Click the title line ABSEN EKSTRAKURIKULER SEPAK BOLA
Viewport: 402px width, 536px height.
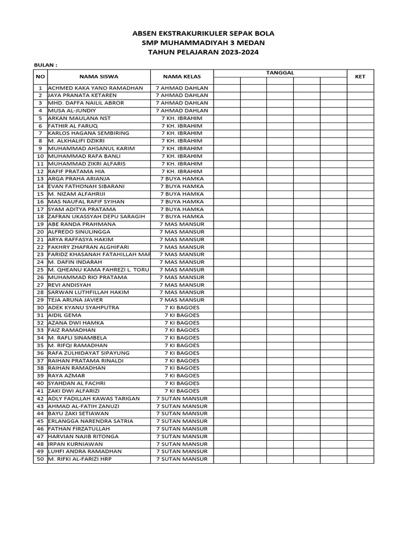click(203, 33)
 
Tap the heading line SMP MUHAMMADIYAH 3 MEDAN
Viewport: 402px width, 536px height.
click(203, 43)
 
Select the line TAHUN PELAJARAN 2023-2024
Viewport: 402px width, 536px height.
click(203, 52)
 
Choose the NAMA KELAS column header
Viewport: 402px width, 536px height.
click(182, 76)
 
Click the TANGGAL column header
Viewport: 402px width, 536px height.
click(280, 73)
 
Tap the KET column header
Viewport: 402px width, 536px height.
click(360, 76)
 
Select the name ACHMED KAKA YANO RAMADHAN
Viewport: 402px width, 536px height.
click(95, 88)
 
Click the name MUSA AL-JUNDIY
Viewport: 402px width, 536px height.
click(72, 110)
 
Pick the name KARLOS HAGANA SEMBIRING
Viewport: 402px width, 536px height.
click(88, 133)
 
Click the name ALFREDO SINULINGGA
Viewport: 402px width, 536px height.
click(79, 232)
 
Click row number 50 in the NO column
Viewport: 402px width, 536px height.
click(40, 459)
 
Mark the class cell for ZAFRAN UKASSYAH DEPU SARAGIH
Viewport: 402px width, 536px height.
click(182, 217)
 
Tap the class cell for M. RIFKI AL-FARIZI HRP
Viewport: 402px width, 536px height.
click(182, 459)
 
